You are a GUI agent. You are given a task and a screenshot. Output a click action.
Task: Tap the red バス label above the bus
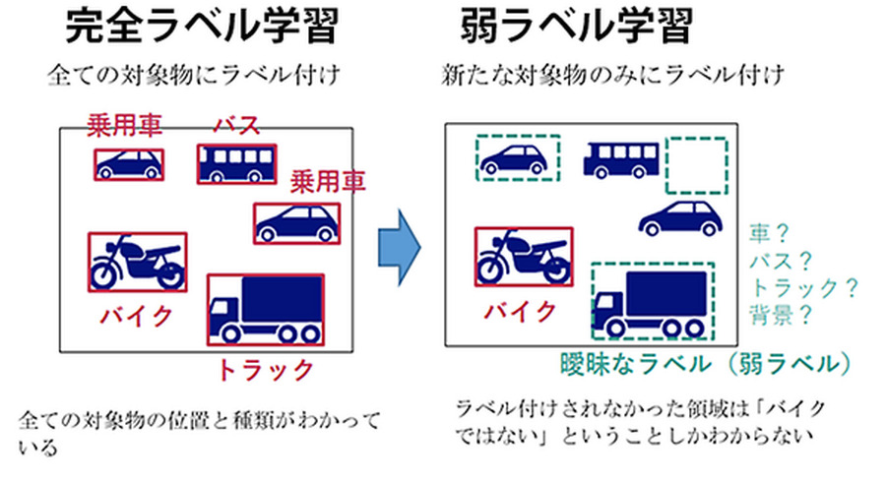click(235, 127)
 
